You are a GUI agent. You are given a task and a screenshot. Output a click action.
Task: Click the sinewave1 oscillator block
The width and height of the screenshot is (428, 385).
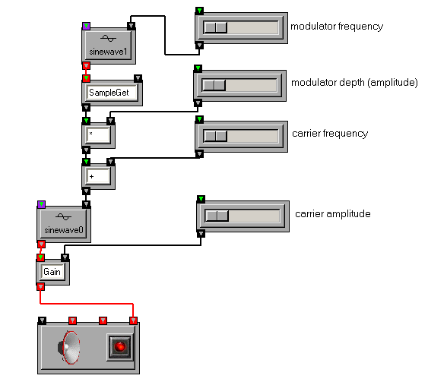109,46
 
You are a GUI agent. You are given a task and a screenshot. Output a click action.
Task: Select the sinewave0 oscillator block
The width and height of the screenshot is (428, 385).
64,224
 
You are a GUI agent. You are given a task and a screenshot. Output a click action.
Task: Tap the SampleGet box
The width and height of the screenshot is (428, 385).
112,93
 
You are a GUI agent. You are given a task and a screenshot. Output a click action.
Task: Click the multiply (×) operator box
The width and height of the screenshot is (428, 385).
98,135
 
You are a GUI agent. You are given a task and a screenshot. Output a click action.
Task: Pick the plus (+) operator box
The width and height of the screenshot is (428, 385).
98,176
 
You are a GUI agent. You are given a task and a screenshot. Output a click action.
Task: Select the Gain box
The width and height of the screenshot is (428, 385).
53,272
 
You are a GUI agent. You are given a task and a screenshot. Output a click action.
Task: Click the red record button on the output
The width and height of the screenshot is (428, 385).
120,347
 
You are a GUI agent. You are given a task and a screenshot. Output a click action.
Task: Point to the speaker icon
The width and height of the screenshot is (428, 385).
68,347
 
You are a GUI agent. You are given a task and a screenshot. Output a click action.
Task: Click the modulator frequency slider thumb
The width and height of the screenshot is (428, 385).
216,27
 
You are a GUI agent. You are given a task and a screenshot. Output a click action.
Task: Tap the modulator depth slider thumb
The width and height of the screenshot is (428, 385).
214,85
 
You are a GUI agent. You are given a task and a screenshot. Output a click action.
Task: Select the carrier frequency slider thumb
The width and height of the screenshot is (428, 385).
216,136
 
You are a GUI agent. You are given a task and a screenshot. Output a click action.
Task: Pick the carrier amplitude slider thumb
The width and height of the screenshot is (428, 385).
217,216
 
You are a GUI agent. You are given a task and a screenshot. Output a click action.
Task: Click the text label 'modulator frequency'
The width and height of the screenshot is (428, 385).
337,27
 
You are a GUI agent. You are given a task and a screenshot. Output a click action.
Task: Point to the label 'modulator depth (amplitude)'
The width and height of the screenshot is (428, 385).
354,82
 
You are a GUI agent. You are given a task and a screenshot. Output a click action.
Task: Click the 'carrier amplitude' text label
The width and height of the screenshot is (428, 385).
333,214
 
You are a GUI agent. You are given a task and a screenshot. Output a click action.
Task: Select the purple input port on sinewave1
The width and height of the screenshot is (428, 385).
86,26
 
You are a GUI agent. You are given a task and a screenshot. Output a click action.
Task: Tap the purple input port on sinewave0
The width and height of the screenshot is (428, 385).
41,204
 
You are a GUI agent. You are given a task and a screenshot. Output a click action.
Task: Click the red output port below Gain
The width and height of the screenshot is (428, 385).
40,286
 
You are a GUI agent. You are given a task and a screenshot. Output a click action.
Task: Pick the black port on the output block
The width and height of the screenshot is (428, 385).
42,320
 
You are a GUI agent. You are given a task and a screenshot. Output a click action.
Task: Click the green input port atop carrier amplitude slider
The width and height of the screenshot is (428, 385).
201,199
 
